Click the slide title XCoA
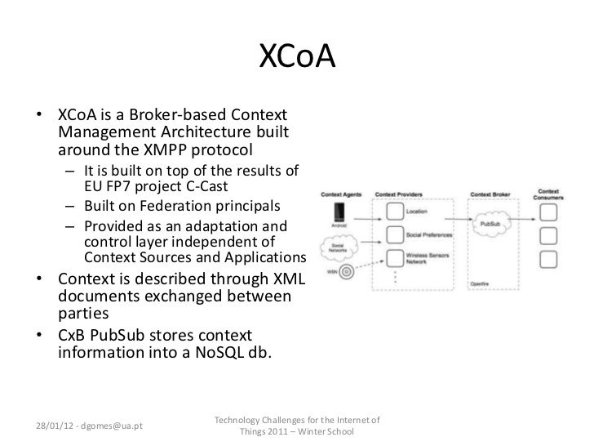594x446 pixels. (x=297, y=57)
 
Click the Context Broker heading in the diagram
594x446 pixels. (x=490, y=194)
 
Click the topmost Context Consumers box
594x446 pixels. (x=551, y=212)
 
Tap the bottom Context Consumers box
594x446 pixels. (x=551, y=260)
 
